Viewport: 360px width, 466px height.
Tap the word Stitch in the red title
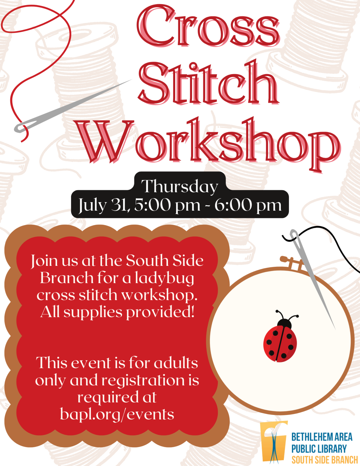pyautogui.click(x=208, y=83)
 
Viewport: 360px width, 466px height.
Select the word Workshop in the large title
pyautogui.click(x=208, y=141)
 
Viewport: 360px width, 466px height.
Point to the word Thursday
pyautogui.click(x=179, y=187)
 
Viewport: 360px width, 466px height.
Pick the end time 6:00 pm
pyautogui.click(x=248, y=206)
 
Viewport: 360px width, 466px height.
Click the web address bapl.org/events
pyautogui.click(x=117, y=414)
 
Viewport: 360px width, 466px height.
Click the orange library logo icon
pyautogui.click(x=274, y=441)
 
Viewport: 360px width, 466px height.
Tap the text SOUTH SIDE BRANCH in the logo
pyautogui.click(x=325, y=460)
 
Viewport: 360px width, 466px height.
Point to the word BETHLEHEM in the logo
pyautogui.click(x=307, y=437)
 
